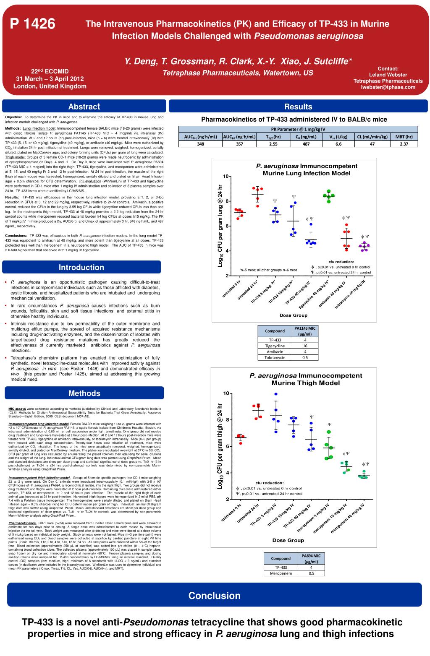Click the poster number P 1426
click(33, 24)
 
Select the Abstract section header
click(84, 107)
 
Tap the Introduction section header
click(81, 267)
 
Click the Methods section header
click(84, 393)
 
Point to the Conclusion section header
click(214, 596)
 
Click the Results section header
click(298, 107)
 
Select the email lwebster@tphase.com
click(388, 87)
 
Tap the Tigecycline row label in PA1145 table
click(275, 346)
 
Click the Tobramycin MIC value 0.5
click(305, 357)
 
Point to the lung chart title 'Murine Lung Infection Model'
click(306, 173)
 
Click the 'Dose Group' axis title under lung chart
click(294, 315)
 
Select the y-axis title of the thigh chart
click(220, 446)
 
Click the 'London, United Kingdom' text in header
click(50, 86)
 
